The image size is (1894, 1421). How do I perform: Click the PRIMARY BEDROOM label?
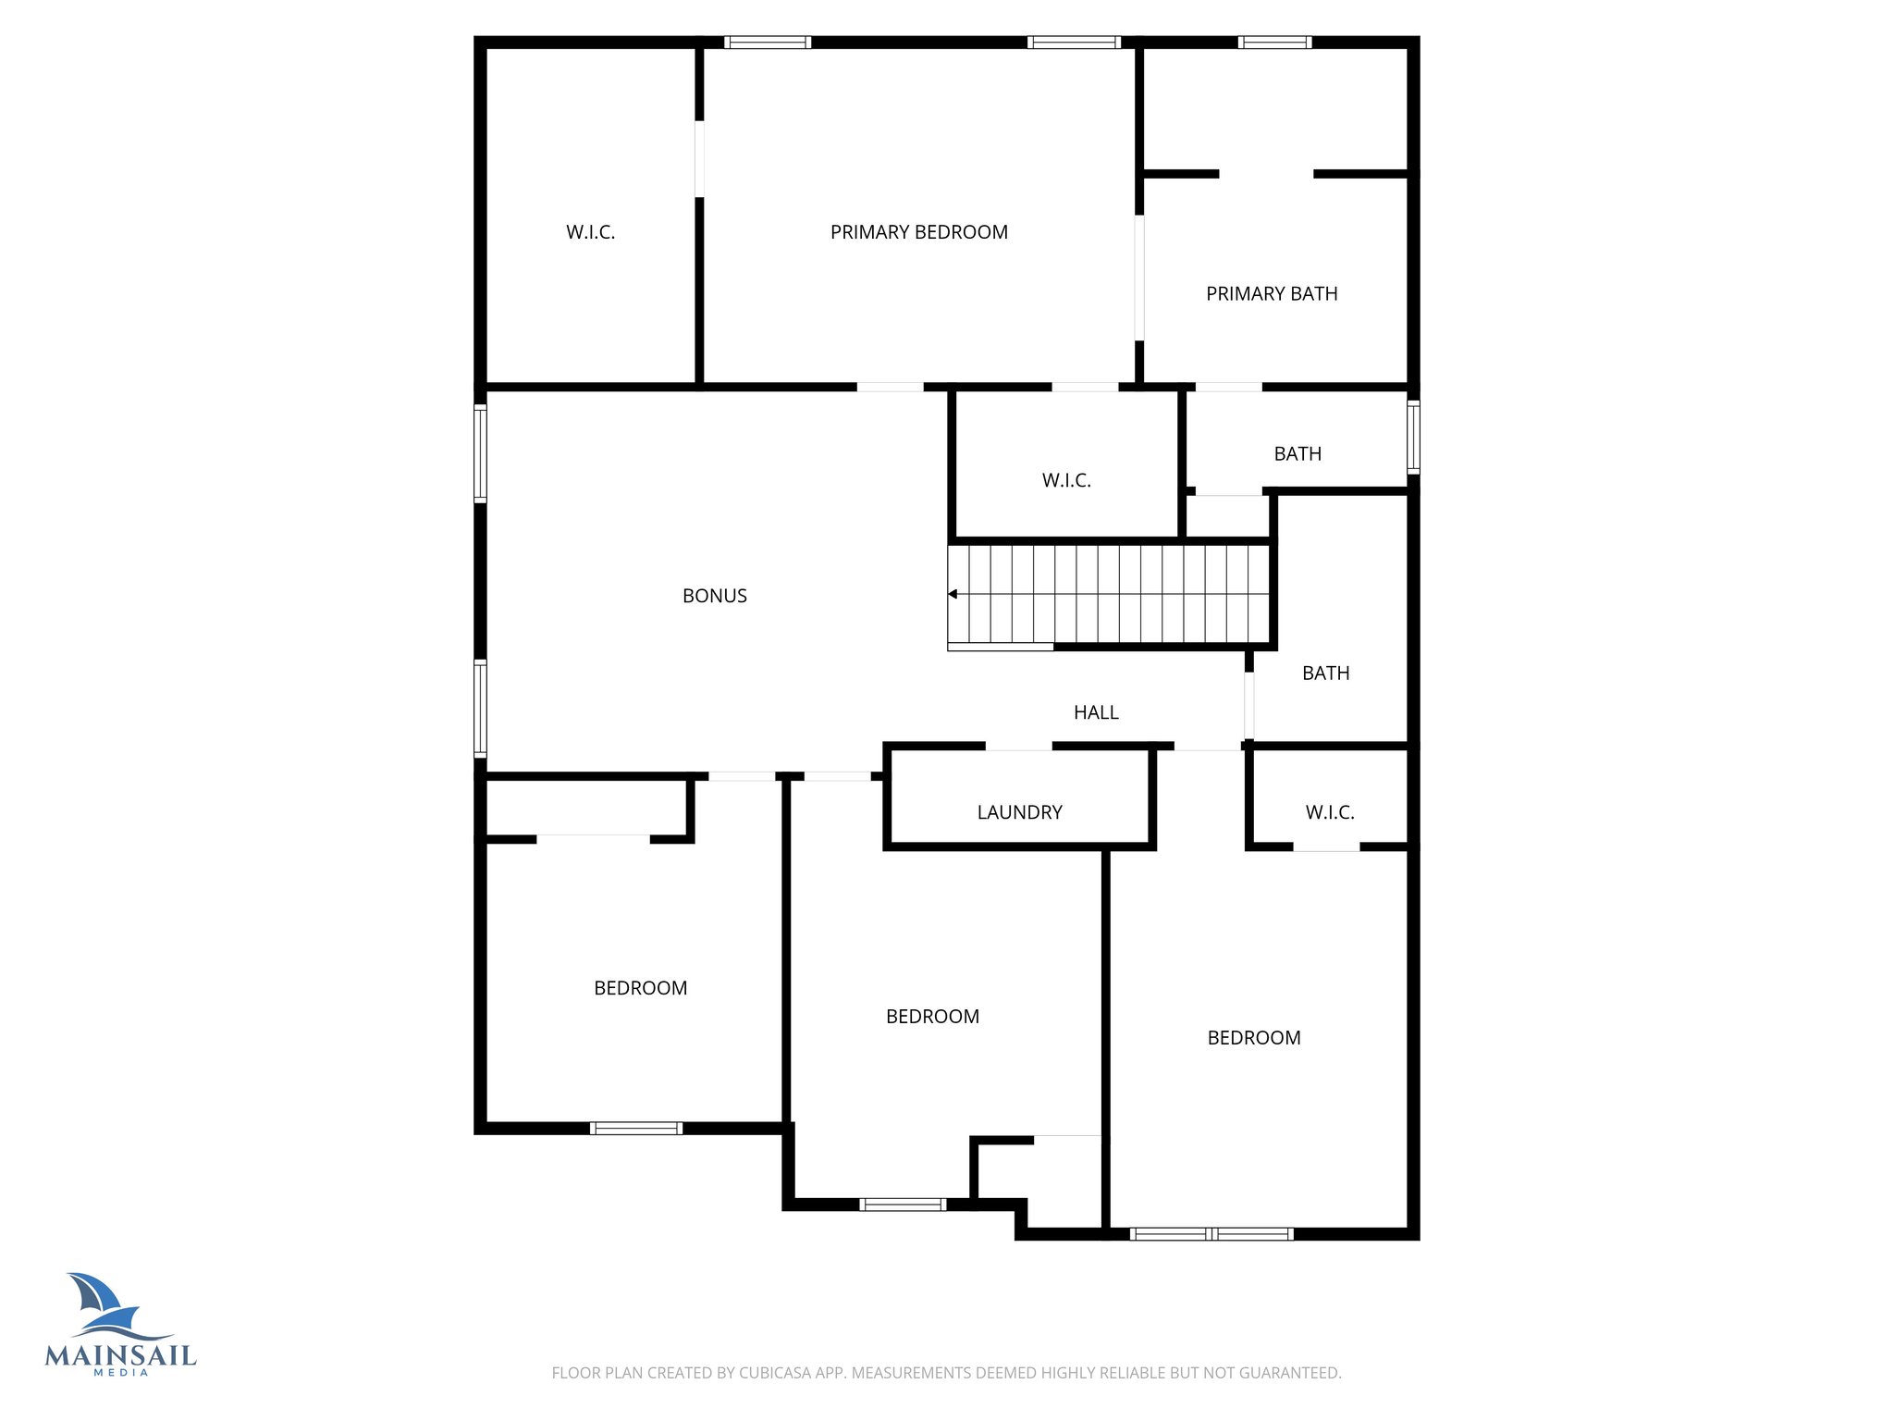(x=918, y=232)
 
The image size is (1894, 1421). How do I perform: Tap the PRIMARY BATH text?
(x=1272, y=294)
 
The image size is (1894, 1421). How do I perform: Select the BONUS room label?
(x=714, y=596)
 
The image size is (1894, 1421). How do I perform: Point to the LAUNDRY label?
(x=1019, y=812)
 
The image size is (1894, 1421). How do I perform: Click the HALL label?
(x=1096, y=712)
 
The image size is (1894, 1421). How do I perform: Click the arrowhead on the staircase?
(x=953, y=594)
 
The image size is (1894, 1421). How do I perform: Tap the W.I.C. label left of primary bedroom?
(x=590, y=232)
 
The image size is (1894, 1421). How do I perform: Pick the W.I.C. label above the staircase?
(x=1066, y=480)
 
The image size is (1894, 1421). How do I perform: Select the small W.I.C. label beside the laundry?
(x=1330, y=812)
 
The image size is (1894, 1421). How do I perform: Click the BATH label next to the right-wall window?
(x=1298, y=454)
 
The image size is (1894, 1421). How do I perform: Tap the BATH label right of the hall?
(x=1325, y=673)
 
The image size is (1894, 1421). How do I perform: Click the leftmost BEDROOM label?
(x=640, y=988)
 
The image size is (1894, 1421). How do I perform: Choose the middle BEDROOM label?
(x=932, y=1017)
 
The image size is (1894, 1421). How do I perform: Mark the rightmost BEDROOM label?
(x=1253, y=1038)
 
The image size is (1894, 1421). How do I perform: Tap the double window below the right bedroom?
(x=1211, y=1233)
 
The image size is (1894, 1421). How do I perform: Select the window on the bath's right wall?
(x=1413, y=437)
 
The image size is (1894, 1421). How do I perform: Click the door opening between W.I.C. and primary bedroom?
(x=699, y=158)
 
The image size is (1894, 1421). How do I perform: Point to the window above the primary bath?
(x=1274, y=42)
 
